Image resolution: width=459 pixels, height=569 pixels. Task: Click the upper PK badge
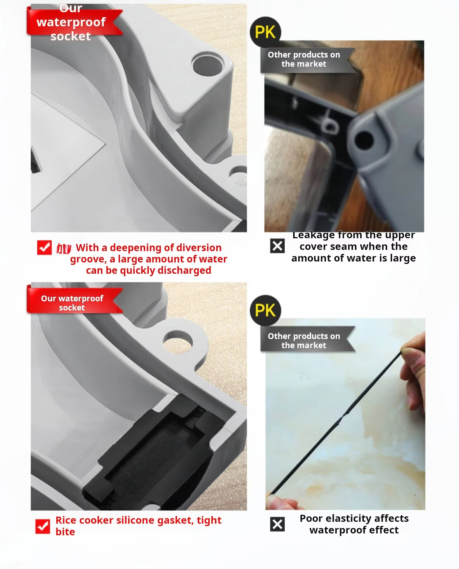coord(265,32)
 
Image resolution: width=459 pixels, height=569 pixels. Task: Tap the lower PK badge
coord(265,310)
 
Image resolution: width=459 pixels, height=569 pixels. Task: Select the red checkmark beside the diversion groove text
coord(44,247)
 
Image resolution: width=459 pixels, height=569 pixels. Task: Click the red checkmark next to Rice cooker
coord(43,526)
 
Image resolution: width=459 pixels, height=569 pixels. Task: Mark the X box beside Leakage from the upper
coord(278,246)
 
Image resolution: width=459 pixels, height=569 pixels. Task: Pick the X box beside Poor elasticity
coord(278,524)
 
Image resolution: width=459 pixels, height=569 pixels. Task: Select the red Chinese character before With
coord(64,248)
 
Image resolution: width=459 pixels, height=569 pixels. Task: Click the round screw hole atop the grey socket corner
coord(208,65)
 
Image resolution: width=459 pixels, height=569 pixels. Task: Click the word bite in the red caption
coord(65,532)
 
